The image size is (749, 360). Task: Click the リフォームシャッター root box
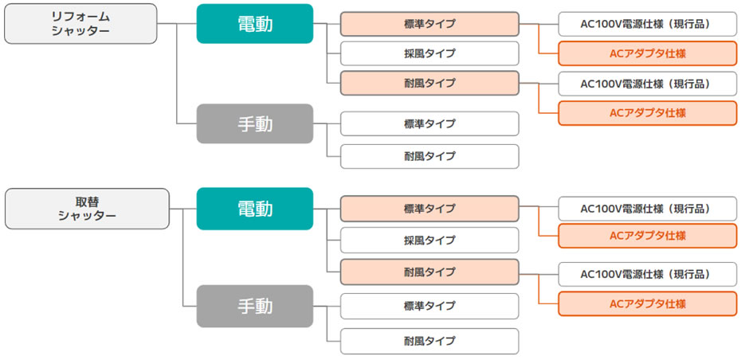[x=80, y=24]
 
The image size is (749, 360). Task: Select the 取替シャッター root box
[x=87, y=209]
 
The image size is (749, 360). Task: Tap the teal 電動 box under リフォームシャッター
[x=255, y=24]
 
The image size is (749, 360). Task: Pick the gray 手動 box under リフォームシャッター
[x=255, y=123]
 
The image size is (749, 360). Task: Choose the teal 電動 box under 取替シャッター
[x=255, y=209]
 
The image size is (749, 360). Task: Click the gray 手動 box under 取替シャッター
[x=255, y=306]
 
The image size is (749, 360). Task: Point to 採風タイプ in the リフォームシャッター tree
[x=429, y=53]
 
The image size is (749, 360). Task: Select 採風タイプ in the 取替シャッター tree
[x=429, y=241]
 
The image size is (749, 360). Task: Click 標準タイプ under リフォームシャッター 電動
[x=429, y=24]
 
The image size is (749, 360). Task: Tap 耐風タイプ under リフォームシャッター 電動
[x=429, y=83]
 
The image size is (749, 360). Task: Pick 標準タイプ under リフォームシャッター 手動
[x=429, y=123]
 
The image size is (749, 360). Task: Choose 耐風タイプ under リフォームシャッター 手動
[x=429, y=156]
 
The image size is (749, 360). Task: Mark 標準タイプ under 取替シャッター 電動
[x=429, y=209]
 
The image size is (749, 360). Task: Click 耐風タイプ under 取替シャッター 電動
[x=429, y=272]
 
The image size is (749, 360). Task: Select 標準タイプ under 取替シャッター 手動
[x=429, y=306]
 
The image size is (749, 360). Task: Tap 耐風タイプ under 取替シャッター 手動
[x=429, y=342]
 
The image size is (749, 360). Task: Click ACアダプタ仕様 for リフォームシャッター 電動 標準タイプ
[x=648, y=53]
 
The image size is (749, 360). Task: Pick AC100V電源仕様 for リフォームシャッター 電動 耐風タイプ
[x=648, y=84]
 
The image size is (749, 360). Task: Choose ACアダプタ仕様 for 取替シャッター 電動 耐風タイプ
[x=648, y=303]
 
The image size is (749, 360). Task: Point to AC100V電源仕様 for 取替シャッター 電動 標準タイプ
[x=648, y=209]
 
